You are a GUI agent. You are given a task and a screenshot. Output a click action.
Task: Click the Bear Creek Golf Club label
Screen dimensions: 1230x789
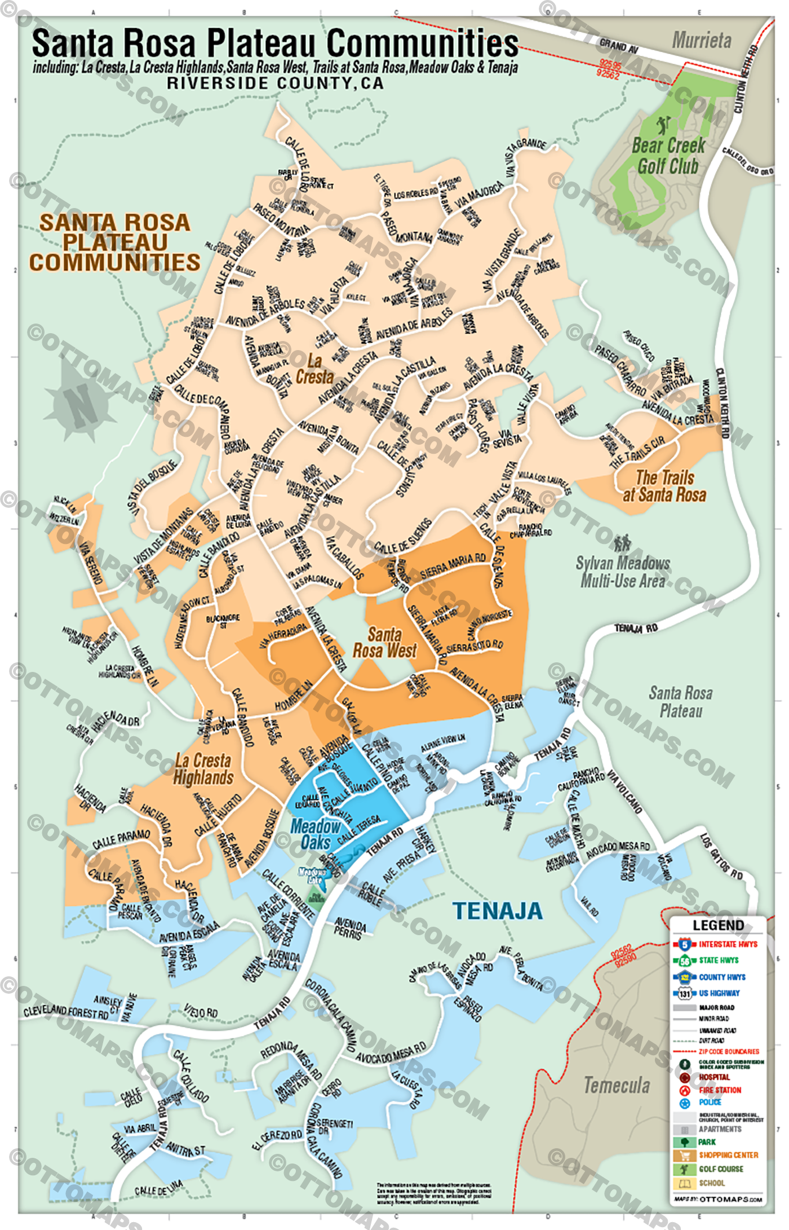point(668,156)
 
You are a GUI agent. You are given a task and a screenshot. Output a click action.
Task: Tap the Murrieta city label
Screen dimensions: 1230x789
point(702,41)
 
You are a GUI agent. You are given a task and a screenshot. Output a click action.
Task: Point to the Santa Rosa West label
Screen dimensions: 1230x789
point(385,643)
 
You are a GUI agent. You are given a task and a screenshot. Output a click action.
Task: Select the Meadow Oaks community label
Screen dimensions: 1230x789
point(315,835)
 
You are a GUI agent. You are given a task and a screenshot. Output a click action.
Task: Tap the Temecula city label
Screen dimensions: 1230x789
point(617,1085)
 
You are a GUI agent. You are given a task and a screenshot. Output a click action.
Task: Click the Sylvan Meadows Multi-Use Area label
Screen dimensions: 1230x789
point(623,572)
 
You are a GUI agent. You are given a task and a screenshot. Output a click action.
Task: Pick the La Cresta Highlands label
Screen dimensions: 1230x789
point(203,769)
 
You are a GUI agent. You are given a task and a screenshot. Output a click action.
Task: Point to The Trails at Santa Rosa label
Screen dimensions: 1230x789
point(664,486)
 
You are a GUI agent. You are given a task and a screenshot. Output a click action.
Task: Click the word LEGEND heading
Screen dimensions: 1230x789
point(718,926)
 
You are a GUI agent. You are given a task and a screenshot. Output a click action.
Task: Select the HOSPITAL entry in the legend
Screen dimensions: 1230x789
point(714,1077)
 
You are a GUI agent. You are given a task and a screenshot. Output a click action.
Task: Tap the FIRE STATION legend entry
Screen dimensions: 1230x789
point(720,1090)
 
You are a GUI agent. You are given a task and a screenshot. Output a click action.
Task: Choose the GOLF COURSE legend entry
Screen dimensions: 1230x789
point(721,1169)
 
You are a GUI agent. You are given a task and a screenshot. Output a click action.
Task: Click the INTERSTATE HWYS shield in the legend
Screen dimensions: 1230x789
point(685,944)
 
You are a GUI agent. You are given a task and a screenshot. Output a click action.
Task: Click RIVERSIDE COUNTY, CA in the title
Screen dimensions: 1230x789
point(275,83)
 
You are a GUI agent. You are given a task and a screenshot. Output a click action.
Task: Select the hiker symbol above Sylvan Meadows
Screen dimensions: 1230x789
point(622,543)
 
